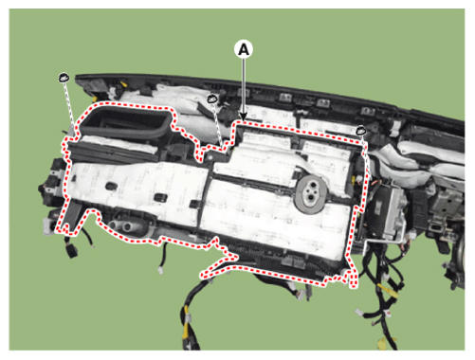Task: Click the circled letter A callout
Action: [x=244, y=49]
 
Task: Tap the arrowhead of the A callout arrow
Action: [x=243, y=117]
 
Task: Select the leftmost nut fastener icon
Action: [x=64, y=78]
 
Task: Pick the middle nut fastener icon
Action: [x=212, y=99]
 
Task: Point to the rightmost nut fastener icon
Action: [x=361, y=130]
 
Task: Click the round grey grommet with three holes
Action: [x=311, y=193]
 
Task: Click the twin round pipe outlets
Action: [x=122, y=225]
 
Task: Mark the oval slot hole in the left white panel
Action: [x=111, y=187]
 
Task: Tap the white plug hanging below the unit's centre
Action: [x=161, y=270]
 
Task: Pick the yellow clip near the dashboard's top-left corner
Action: [x=124, y=84]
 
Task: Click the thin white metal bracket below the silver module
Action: [x=383, y=242]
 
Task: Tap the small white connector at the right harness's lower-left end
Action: [x=359, y=313]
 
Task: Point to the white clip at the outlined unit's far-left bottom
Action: [x=47, y=226]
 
